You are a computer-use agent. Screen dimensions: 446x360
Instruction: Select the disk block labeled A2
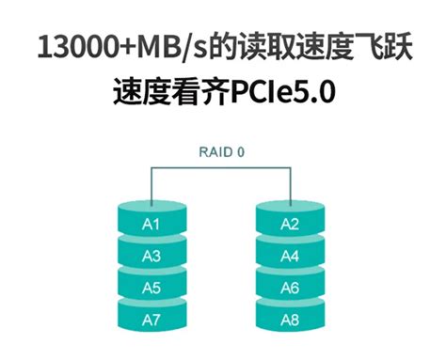tap(291, 224)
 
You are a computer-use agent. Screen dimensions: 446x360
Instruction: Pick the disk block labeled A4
tap(291, 256)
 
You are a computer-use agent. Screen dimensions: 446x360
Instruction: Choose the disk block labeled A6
tap(291, 287)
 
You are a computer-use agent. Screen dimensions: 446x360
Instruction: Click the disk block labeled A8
tap(291, 319)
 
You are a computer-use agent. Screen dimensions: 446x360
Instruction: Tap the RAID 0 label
tap(222, 150)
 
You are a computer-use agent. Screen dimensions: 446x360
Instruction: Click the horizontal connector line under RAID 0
tap(222, 165)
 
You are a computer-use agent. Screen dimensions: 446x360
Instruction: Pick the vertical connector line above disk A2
tap(291, 182)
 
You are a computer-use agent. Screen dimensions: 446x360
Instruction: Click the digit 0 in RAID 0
tap(243, 150)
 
